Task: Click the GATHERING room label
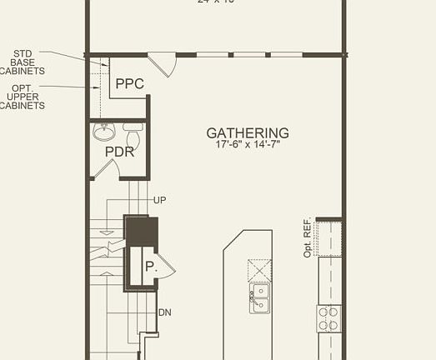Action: (x=248, y=132)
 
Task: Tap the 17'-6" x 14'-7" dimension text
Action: (x=248, y=145)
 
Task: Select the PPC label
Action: (x=129, y=83)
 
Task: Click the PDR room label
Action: (x=119, y=152)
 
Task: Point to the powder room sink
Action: (x=104, y=132)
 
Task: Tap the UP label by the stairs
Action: (x=161, y=201)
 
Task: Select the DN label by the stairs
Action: (x=164, y=312)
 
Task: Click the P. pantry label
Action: (x=150, y=267)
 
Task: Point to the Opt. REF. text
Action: (x=308, y=238)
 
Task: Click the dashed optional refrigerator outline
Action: (x=330, y=238)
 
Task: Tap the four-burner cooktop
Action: (x=329, y=317)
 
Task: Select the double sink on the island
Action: (x=259, y=296)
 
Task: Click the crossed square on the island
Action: (x=259, y=271)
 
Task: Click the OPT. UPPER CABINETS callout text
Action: (x=23, y=97)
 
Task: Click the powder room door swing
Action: (x=105, y=169)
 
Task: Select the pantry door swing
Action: (x=166, y=267)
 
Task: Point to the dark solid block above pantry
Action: (x=141, y=231)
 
